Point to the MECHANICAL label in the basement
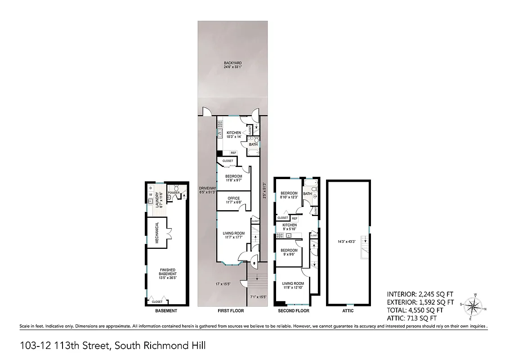pos(157,233)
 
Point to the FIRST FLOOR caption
pos(233,311)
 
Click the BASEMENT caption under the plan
pos(166,311)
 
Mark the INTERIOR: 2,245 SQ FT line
pos(420,294)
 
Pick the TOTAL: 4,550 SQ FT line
pos(415,310)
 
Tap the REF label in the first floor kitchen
pos(233,153)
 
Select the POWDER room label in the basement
pos(174,193)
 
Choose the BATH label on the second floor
pos(307,194)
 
